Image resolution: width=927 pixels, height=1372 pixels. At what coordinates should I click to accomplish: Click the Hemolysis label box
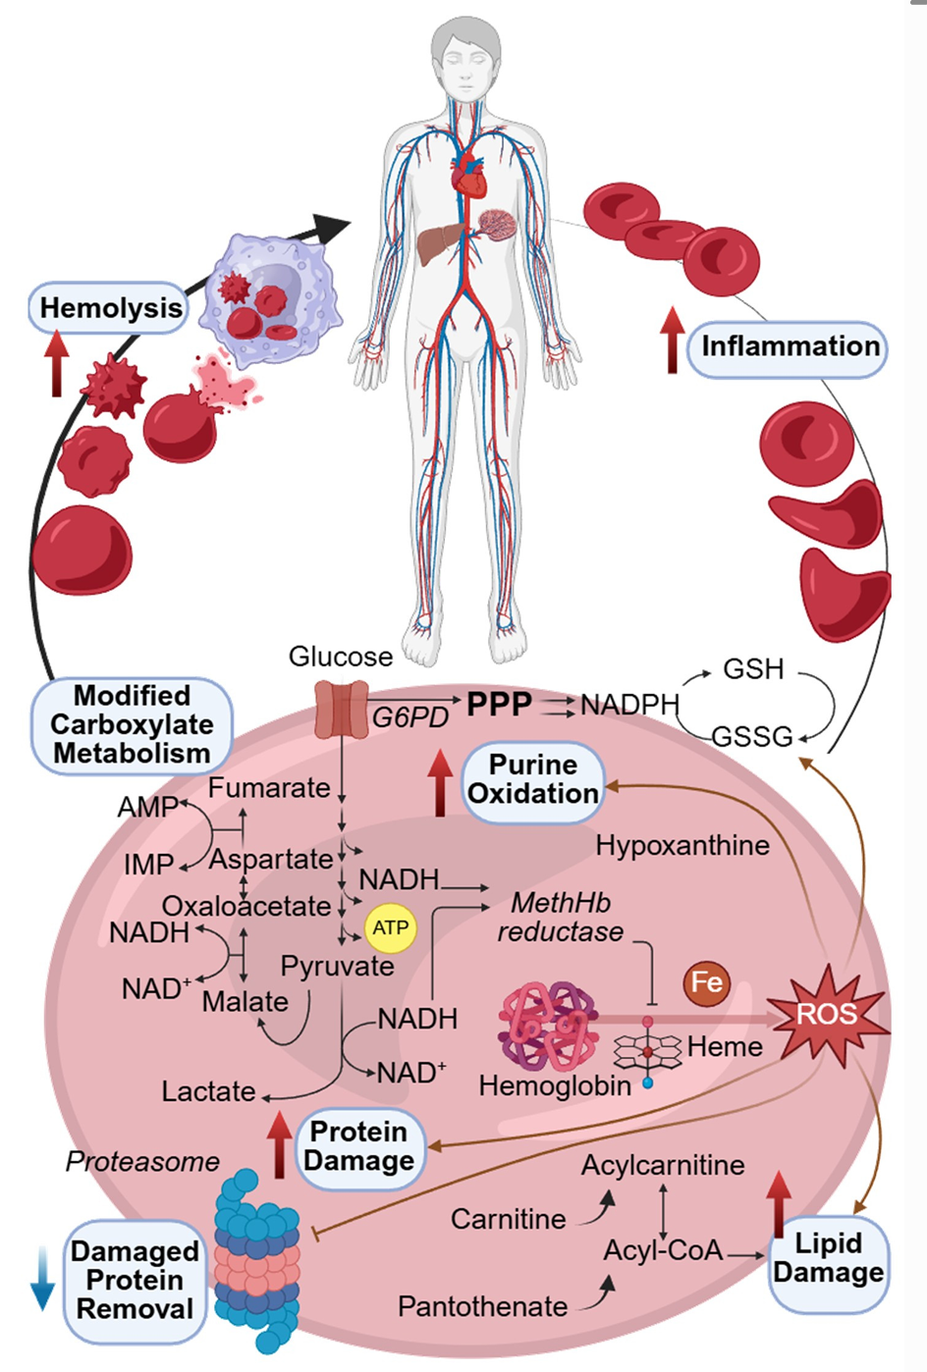(x=110, y=308)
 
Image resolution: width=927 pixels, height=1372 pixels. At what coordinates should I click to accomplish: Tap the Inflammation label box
(x=789, y=347)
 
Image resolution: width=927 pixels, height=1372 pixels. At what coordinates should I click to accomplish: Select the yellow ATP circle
(x=390, y=928)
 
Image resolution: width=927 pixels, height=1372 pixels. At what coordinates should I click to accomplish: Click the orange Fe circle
(x=707, y=982)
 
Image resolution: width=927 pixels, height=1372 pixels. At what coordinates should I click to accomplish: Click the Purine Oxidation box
(x=533, y=779)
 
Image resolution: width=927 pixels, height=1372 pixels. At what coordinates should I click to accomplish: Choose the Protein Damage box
(x=358, y=1147)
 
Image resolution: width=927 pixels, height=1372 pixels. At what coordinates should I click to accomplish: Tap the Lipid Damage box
(x=828, y=1259)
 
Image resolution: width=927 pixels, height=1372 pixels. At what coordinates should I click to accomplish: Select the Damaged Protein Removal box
(x=135, y=1281)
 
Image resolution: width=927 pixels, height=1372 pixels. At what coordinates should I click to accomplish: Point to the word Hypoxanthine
(x=682, y=846)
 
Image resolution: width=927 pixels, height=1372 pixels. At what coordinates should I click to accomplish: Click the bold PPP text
(x=499, y=705)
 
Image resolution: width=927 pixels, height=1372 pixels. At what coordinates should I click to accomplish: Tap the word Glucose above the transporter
(x=340, y=657)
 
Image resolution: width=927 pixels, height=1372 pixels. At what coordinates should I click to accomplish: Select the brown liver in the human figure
(x=439, y=242)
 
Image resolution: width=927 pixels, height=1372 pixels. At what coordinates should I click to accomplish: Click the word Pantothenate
(x=482, y=1307)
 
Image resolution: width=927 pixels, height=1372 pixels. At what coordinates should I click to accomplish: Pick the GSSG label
(x=751, y=736)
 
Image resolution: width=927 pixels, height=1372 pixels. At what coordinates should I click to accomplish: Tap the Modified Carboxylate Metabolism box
(x=132, y=725)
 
